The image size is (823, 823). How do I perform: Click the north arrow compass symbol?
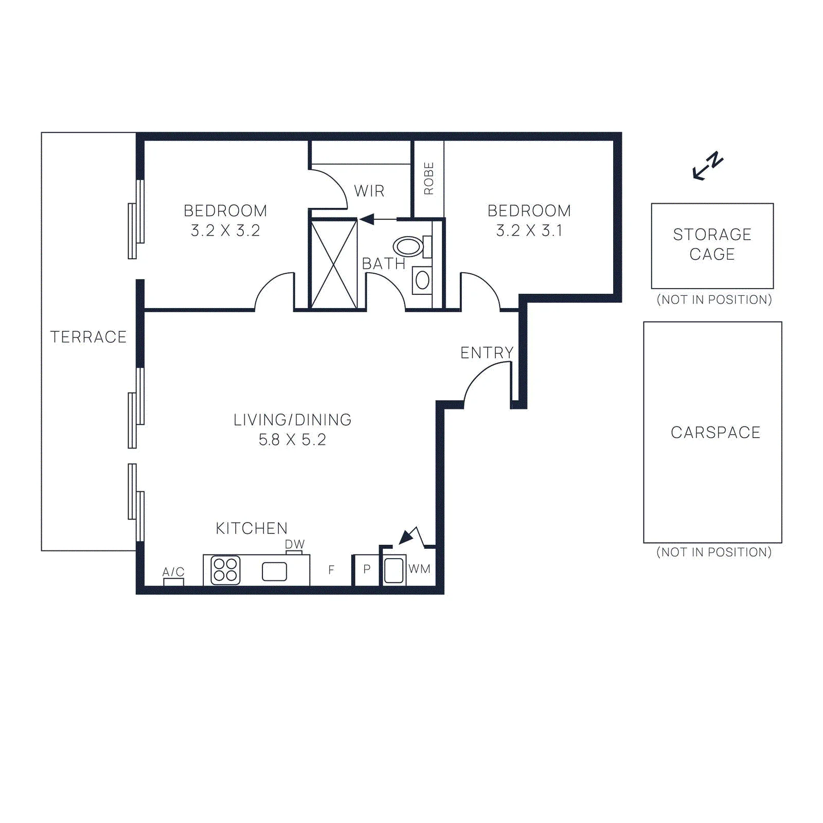tap(708, 166)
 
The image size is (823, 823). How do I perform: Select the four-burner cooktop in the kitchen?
tap(225, 570)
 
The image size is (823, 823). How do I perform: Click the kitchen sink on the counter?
tap(274, 571)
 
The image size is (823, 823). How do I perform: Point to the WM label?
tap(419, 569)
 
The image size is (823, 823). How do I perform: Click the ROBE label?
tap(428, 178)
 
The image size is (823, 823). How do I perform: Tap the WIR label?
tap(369, 191)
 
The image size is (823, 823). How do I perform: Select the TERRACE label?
tap(88, 337)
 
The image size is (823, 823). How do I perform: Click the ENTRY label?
tap(487, 352)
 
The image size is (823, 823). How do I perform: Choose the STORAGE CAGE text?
tap(712, 244)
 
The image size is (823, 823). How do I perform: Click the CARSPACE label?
tap(715, 433)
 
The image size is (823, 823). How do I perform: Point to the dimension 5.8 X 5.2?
tap(292, 440)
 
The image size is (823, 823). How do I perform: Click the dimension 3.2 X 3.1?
tap(529, 230)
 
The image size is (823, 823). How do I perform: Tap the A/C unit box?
tap(174, 582)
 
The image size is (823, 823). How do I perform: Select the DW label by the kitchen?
tap(295, 544)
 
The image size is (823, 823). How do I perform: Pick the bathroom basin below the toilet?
tap(422, 280)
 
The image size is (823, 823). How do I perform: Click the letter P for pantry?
tap(367, 569)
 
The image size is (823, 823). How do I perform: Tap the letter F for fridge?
tap(331, 569)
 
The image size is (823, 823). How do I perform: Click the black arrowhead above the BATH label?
tap(366, 220)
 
